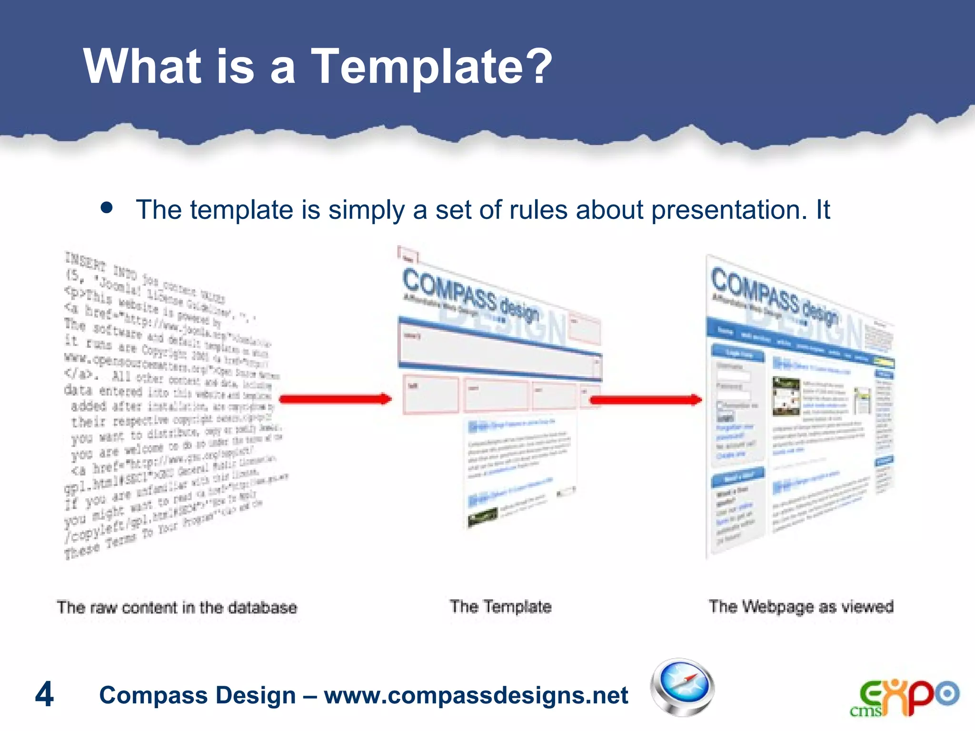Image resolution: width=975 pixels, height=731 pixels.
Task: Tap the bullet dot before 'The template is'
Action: click(107, 207)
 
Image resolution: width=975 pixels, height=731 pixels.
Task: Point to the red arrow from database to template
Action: click(335, 399)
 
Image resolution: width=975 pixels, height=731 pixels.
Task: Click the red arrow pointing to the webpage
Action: click(646, 400)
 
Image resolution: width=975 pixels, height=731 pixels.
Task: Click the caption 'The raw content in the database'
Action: click(177, 608)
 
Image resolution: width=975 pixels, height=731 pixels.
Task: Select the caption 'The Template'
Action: click(500, 607)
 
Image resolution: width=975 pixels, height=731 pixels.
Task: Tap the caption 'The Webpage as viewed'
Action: click(801, 607)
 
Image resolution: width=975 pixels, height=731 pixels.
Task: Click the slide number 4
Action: click(44, 694)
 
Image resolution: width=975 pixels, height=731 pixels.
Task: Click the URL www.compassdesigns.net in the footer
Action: click(476, 695)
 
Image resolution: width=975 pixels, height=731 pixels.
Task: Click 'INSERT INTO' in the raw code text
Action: click(100, 267)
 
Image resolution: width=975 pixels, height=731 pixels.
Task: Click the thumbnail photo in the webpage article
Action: click(786, 396)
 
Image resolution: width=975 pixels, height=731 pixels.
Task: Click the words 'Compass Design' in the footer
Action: click(197, 695)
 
